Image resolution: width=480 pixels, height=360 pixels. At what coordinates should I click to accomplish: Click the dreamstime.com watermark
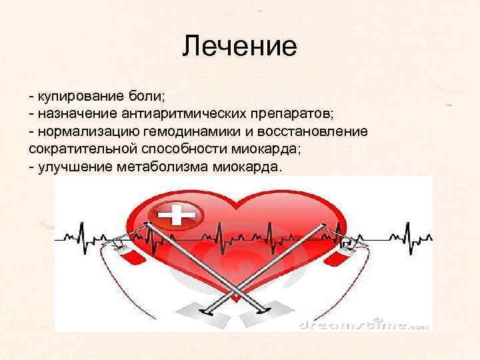click(364, 325)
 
